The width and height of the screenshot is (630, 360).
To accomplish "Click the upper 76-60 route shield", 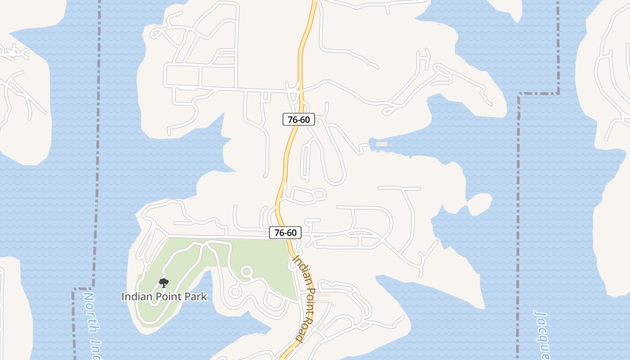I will pos(298,120).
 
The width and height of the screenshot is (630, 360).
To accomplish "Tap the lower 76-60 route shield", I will pos(285,233).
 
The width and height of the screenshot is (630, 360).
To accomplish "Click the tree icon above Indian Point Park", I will pos(164,283).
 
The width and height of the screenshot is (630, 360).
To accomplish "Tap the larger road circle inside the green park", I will pos(247,272).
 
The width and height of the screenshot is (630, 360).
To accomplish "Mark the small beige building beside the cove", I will pos(382,144).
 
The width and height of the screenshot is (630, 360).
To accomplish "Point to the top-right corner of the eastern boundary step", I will pos(558,93).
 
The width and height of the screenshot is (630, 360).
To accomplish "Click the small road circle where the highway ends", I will pos(293,266).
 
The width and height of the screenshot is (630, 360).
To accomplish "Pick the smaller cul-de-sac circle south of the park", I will pos(234,292).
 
